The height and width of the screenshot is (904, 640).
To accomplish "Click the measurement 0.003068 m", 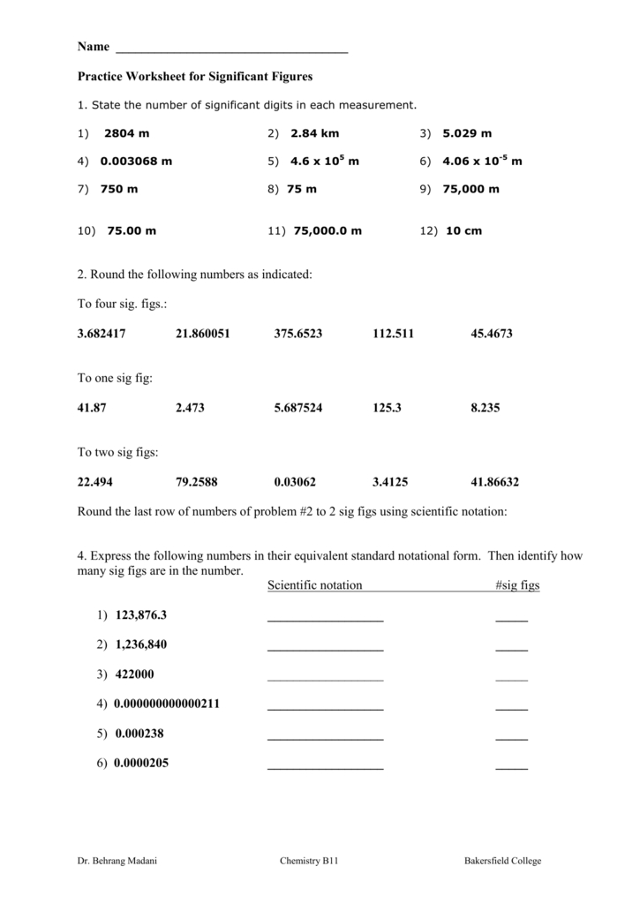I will [136, 162].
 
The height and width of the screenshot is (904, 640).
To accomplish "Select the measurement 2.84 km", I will [315, 133].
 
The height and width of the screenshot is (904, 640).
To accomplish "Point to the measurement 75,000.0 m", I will [328, 231].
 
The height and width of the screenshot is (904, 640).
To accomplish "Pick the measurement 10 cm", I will [463, 231].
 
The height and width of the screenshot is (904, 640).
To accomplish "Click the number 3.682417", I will [103, 334].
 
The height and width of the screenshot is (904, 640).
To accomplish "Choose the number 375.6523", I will [298, 334].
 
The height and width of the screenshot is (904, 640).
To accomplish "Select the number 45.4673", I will [492, 334].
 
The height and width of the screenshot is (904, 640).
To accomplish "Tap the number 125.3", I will [388, 409].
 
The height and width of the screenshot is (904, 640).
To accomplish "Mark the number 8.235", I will [486, 409].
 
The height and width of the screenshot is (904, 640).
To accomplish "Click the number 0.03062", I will [295, 482].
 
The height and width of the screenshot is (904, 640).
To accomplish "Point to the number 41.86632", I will [495, 482].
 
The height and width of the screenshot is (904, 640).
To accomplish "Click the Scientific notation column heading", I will [315, 585].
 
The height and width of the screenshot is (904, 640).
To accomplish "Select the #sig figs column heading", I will [518, 585].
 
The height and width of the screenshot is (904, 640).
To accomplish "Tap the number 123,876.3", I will [140, 614].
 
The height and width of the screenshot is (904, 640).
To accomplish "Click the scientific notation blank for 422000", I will [325, 678].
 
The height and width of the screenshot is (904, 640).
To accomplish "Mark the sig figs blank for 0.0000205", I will [511, 767].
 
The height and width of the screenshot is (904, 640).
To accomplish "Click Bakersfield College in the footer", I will [503, 861].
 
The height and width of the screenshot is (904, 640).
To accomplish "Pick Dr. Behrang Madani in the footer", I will [111, 861].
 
